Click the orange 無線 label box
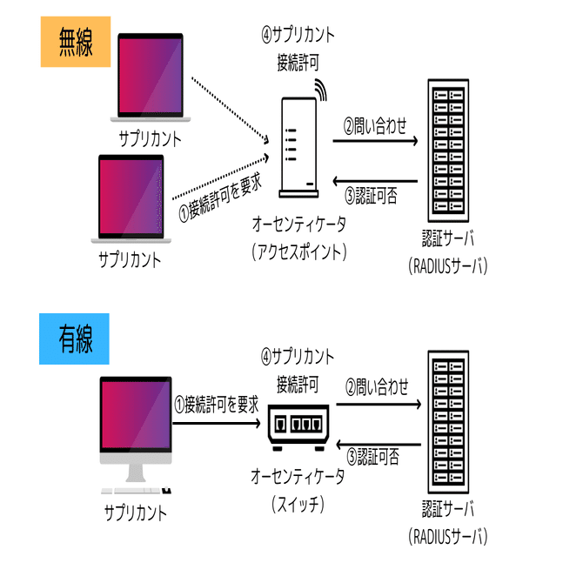(x=74, y=42)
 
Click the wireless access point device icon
(x=298, y=148)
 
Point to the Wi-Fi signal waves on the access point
(x=321, y=89)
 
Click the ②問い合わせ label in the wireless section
(x=375, y=127)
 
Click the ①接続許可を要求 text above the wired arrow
(x=217, y=403)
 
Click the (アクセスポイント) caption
(x=298, y=251)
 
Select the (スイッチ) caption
(x=298, y=502)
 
